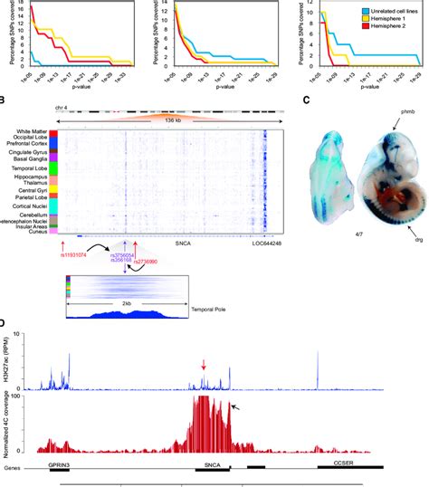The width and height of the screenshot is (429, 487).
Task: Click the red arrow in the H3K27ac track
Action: tap(204, 365)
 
